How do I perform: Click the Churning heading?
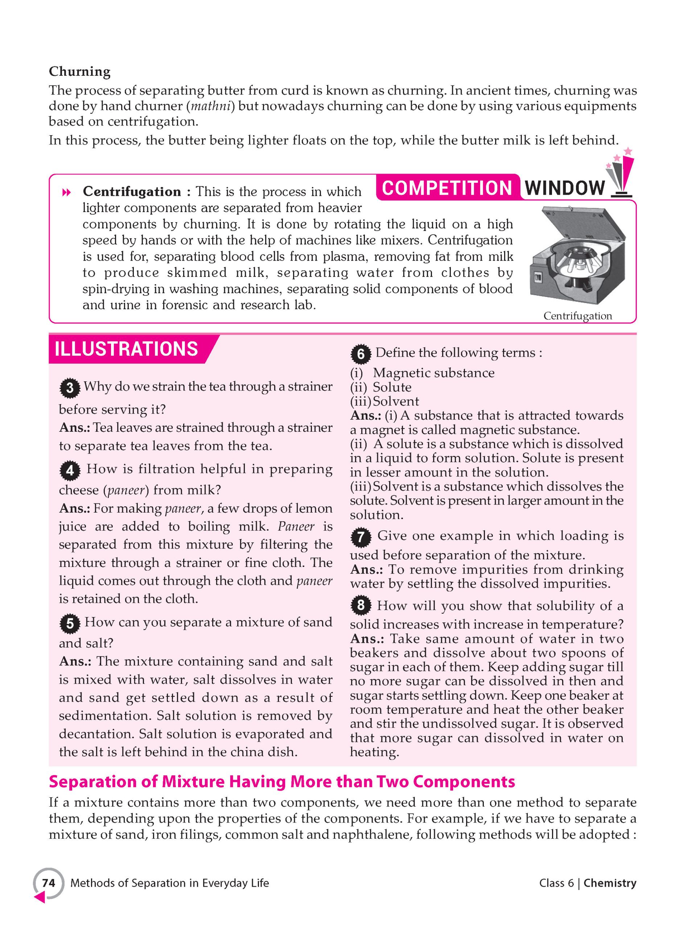[79, 72]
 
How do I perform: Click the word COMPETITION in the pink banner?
[447, 188]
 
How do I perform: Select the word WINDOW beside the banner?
[565, 188]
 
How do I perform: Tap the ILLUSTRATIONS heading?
[126, 349]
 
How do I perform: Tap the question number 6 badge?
[361, 355]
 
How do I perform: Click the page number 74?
[49, 883]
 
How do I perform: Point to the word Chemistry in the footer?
[610, 883]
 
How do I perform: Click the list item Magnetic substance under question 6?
[434, 373]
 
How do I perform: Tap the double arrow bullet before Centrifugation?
[66, 193]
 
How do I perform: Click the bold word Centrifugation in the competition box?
[132, 192]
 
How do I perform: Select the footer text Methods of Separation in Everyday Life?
[170, 883]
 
